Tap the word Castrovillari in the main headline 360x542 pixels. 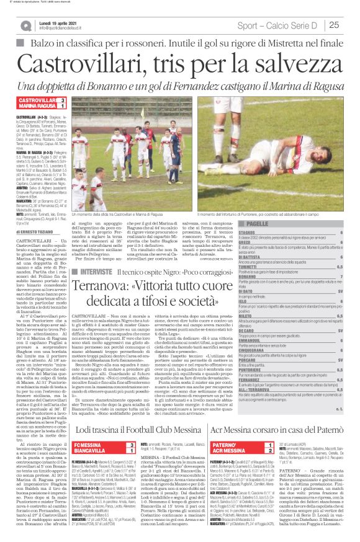tap(91, 64)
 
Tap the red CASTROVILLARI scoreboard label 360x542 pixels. tap(37, 100)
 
